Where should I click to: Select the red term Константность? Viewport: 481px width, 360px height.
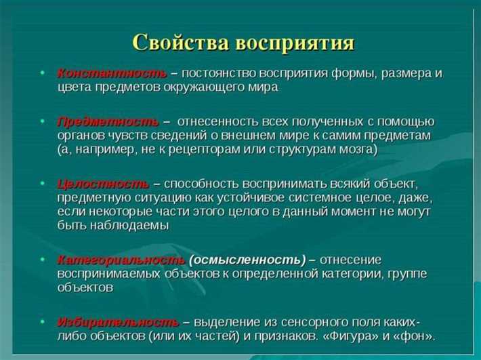click(112, 73)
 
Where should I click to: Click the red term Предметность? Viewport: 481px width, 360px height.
click(108, 121)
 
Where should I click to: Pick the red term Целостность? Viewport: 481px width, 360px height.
click(103, 184)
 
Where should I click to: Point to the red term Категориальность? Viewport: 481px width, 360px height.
click(121, 260)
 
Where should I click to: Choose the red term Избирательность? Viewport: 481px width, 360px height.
click(118, 321)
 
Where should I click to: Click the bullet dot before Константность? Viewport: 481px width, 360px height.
click(43, 73)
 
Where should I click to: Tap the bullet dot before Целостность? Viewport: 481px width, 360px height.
click(43, 184)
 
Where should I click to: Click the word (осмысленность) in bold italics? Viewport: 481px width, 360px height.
click(247, 260)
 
